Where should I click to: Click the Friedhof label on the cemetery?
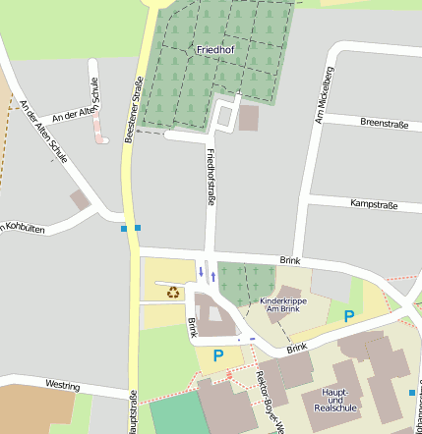point(216,48)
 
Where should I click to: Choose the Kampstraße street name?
point(373,204)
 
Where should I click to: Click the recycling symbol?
point(173,291)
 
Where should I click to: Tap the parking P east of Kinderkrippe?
point(348,315)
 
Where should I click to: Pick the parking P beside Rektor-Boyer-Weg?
point(218,355)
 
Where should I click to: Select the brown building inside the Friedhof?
point(248,119)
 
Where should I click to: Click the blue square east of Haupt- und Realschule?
point(411,393)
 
